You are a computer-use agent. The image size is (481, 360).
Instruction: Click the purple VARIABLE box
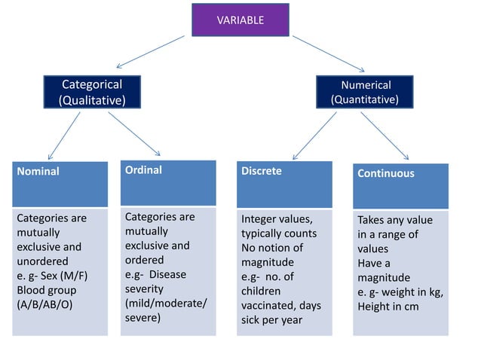point(240,20)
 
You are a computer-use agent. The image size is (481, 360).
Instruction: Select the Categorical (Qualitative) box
point(91,92)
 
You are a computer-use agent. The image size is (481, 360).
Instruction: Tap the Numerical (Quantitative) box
point(366,92)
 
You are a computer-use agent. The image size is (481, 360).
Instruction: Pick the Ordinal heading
point(143,170)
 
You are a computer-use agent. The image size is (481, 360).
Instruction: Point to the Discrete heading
point(262,171)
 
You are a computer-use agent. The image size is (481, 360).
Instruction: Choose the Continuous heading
point(385,173)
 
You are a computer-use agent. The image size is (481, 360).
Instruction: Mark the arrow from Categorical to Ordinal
point(134,133)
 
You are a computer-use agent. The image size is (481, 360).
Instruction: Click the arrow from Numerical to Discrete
point(314,136)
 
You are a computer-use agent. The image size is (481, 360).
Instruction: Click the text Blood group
point(47,290)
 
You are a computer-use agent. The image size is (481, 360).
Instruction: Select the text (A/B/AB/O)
point(44,304)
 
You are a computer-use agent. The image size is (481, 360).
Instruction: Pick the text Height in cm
point(388,306)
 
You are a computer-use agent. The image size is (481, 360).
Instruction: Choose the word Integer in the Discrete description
point(260,218)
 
